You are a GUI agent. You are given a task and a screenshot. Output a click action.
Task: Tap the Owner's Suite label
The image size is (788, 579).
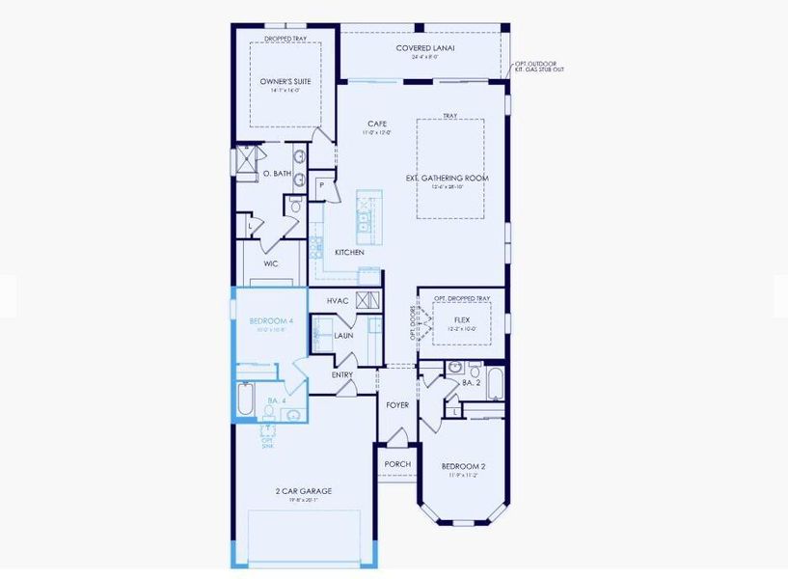[x=285, y=82]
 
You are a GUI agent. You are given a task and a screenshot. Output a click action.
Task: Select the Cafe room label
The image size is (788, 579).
[x=377, y=124]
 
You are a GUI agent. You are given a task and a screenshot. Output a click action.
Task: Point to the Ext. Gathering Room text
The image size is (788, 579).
[x=449, y=179]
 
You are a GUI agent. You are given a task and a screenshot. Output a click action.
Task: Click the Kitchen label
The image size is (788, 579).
[x=348, y=252]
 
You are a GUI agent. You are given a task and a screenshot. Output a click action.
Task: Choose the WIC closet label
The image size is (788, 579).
[x=271, y=262]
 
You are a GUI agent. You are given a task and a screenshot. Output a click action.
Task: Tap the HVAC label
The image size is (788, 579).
[x=337, y=301]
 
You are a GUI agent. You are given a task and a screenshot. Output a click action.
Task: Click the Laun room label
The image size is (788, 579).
[x=344, y=335]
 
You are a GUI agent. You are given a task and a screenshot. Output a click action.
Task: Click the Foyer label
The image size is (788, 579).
[x=398, y=405]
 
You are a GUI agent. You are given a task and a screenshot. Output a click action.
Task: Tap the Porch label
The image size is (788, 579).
[x=397, y=464]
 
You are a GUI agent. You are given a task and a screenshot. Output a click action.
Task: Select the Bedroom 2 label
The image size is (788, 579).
[x=463, y=466]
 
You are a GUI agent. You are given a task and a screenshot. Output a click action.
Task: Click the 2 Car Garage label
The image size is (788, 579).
[x=298, y=491]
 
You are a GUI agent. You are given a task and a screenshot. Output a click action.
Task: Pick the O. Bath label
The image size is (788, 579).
[x=277, y=174]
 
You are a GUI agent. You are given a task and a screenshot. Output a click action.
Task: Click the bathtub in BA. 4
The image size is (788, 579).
[x=244, y=398]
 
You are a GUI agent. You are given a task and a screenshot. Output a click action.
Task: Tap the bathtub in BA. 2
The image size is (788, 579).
[x=494, y=383]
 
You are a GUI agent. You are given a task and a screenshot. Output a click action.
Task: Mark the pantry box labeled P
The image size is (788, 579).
[x=320, y=184]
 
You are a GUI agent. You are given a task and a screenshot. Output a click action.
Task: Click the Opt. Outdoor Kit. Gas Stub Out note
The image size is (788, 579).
[x=538, y=67]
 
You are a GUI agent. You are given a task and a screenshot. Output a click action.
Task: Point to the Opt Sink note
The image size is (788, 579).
[x=268, y=443]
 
